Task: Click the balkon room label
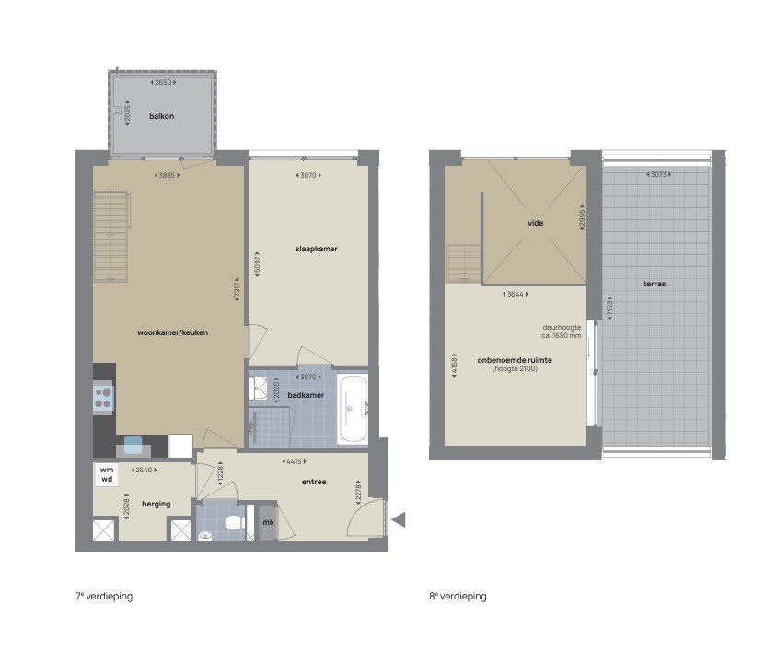[162, 117]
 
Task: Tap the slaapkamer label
[309, 249]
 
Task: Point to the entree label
[313, 482]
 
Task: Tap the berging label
[143, 506]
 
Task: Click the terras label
[655, 284]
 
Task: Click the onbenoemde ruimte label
[515, 360]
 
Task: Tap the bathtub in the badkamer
[353, 409]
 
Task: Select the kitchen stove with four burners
[104, 398]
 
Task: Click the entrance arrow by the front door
[399, 520]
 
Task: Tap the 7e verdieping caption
[104, 597]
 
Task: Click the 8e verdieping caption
[458, 597]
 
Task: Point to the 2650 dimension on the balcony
[163, 83]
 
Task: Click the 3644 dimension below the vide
[516, 295]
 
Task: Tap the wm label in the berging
[107, 470]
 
